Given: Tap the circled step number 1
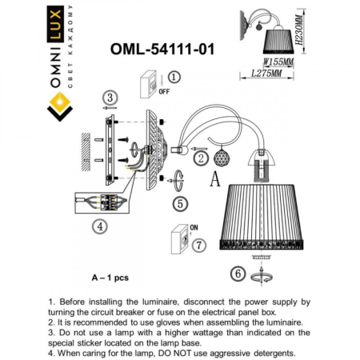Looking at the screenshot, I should click(x=175, y=77).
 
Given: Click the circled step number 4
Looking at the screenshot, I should click(x=100, y=226).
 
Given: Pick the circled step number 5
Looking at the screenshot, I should click(x=180, y=202).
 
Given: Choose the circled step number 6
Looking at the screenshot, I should click(x=237, y=274).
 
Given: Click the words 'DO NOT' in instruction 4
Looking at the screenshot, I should click(x=206, y=353).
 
